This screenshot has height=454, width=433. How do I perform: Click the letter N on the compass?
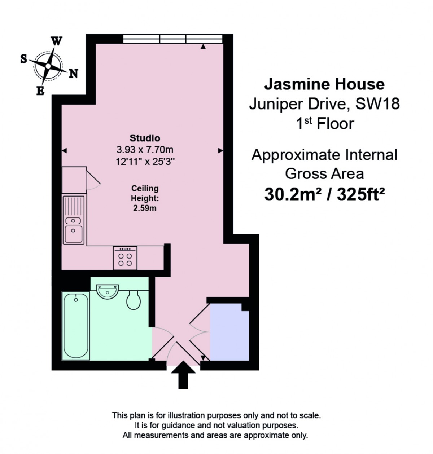click(73, 74)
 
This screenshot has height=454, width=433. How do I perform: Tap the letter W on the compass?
click(57, 41)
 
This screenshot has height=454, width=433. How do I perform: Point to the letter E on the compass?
click(40, 91)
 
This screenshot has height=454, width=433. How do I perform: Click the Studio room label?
click(145, 138)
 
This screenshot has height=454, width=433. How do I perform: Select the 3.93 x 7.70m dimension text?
click(145, 150)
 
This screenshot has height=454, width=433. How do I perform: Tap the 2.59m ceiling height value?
click(145, 208)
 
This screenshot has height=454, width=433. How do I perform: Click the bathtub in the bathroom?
click(76, 326)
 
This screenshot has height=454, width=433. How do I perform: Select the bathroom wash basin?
click(107, 291)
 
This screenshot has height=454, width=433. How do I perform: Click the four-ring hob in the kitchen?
click(125, 258)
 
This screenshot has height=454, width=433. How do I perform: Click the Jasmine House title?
click(324, 84)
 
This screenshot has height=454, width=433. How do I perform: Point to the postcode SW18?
click(377, 104)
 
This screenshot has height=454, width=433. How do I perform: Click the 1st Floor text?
click(324, 124)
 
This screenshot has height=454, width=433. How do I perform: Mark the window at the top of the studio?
click(172, 39)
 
